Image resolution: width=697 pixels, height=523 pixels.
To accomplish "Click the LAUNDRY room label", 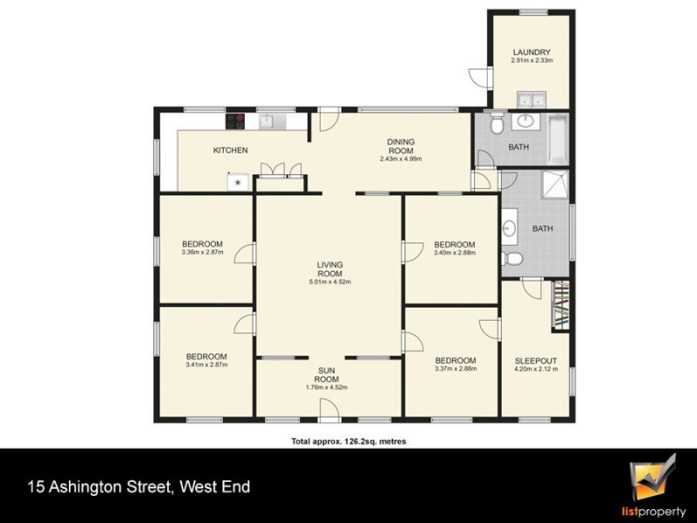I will point(531,51).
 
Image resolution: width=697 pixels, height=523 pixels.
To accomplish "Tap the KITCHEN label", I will point(231,151).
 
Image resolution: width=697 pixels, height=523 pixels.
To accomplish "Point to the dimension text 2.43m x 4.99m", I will point(401,159).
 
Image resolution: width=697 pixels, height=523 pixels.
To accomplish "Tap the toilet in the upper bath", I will point(496,125).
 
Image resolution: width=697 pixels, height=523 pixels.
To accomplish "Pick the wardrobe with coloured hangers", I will point(561,307).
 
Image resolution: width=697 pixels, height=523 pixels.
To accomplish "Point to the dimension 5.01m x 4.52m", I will point(329,282).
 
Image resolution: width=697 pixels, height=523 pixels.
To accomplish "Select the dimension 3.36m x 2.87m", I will point(202,253).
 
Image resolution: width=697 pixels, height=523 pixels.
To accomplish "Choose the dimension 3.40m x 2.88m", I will point(455,253).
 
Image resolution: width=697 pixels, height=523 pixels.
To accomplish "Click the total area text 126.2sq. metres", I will point(348,442).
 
